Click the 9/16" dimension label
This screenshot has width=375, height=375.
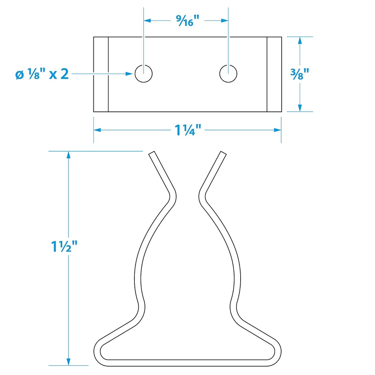click(x=188, y=21)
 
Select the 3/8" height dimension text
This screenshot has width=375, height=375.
click(x=300, y=74)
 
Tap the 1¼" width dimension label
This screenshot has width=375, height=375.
click(x=188, y=130)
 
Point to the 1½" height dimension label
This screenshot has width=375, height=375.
click(x=64, y=246)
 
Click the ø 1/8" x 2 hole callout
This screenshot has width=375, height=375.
click(x=42, y=74)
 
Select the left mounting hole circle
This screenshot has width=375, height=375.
click(x=144, y=74)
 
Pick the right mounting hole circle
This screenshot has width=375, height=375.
click(x=228, y=74)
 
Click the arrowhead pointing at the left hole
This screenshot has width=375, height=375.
click(x=129, y=74)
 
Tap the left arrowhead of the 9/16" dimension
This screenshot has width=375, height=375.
click(x=147, y=21)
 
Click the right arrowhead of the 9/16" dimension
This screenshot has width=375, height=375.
click(x=224, y=21)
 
